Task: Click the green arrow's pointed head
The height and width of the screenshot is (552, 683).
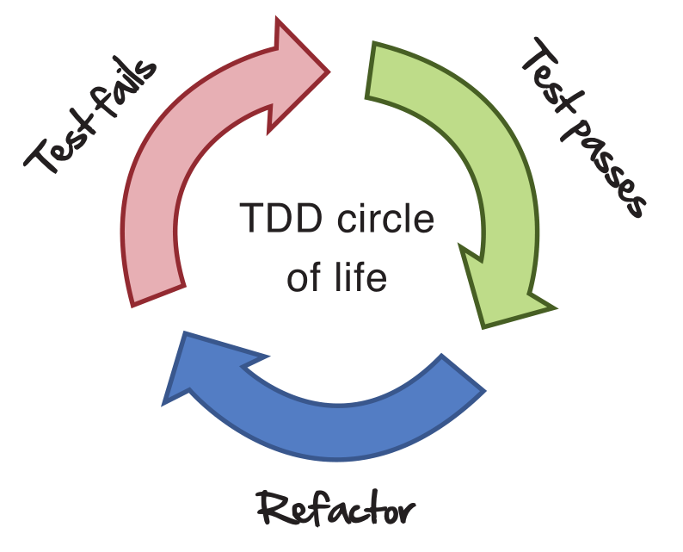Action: (x=503, y=293)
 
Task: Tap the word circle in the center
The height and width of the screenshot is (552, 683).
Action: (x=382, y=221)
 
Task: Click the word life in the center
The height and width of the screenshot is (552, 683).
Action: (x=365, y=278)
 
